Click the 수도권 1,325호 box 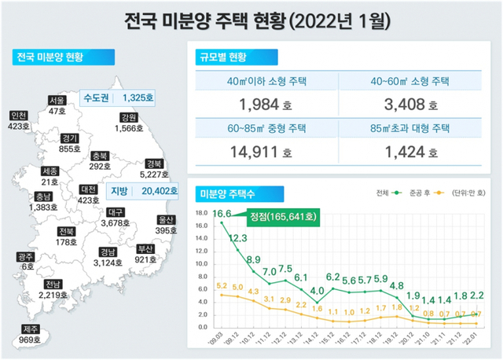coord(120,98)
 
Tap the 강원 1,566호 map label coord(126,123)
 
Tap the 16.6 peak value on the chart coord(222,214)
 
